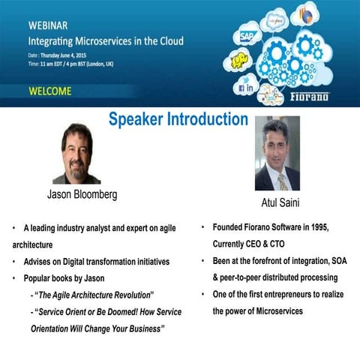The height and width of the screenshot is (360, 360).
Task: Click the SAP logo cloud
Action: pos(245,35)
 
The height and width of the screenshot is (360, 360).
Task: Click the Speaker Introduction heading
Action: pos(178,119)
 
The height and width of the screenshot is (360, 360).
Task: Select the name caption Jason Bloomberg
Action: pos(82,194)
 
